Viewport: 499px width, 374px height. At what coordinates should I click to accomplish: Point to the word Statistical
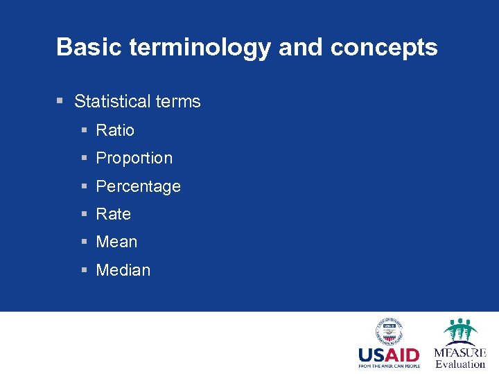coord(113,102)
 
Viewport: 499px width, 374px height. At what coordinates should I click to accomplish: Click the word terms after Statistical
coord(178,102)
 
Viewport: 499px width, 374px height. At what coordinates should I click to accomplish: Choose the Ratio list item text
coord(115,130)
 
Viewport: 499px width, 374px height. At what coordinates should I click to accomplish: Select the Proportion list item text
coord(134,159)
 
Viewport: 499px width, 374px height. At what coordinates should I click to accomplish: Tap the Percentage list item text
coord(138,187)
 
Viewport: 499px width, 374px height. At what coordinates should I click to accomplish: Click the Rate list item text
coord(113,215)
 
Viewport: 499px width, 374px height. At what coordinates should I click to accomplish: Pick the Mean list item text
coord(116,242)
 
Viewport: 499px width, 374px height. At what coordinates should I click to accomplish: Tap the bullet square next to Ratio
coord(84,130)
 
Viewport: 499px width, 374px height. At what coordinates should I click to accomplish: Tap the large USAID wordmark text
coord(388,355)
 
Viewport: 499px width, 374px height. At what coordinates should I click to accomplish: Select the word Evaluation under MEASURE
coord(460,364)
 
